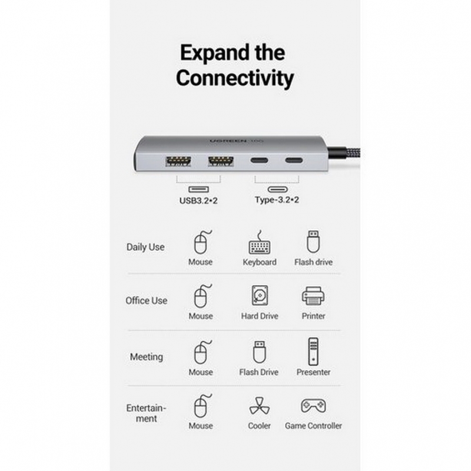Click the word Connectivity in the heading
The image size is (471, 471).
(x=234, y=78)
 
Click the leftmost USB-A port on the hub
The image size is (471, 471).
(x=178, y=161)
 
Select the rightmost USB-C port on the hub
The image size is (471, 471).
(x=294, y=160)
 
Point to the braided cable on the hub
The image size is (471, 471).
(x=343, y=156)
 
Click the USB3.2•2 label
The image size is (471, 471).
(x=198, y=200)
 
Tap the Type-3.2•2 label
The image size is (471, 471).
(x=277, y=200)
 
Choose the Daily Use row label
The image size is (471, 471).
(x=145, y=247)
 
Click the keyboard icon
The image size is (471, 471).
(x=260, y=242)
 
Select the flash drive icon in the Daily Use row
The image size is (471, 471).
(x=313, y=241)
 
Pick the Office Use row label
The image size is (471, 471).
(x=146, y=300)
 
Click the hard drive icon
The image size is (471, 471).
(x=260, y=296)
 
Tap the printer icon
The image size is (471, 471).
(x=313, y=296)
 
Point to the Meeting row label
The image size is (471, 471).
(x=146, y=357)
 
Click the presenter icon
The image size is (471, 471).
(x=313, y=351)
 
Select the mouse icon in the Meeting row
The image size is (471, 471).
(x=203, y=352)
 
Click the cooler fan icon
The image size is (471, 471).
(x=260, y=406)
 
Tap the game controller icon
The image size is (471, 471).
(x=313, y=406)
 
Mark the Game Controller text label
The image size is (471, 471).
(x=313, y=426)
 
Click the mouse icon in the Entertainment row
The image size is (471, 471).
(x=203, y=406)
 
